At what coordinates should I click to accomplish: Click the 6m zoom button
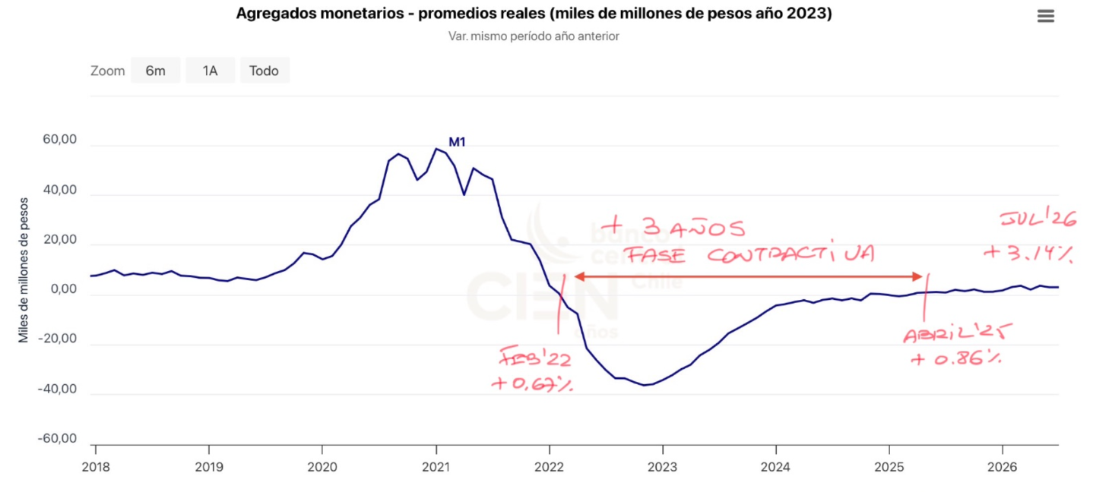(x=155, y=71)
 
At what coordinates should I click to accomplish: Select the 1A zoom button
(x=210, y=71)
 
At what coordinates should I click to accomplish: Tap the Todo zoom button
(x=264, y=71)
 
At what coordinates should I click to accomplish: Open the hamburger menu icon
(x=1046, y=16)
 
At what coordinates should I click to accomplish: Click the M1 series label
(x=457, y=142)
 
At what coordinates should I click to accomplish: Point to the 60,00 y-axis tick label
(x=59, y=140)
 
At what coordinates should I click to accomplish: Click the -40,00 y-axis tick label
(x=57, y=389)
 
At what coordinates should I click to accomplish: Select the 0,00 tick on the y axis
(x=63, y=289)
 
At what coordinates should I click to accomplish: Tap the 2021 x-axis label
(x=436, y=467)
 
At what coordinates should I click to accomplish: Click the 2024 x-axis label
(x=775, y=467)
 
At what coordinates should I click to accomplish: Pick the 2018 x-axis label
(x=96, y=467)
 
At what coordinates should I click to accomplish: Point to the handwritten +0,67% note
(x=532, y=383)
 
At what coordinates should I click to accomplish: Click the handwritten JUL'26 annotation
(x=1038, y=218)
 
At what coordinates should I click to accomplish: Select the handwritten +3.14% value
(x=1028, y=253)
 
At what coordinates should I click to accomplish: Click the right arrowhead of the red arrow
(x=917, y=276)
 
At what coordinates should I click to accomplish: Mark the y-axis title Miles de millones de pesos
(x=24, y=270)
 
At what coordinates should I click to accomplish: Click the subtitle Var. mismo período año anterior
(x=534, y=36)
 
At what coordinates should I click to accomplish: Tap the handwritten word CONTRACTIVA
(x=790, y=254)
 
